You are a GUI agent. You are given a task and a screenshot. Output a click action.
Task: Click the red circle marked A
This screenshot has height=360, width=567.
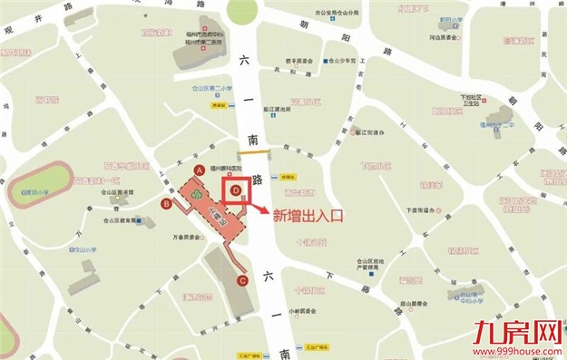199,170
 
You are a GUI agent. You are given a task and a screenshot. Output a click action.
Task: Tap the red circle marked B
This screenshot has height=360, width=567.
166,204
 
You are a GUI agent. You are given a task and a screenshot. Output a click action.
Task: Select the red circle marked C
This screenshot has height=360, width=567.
242,280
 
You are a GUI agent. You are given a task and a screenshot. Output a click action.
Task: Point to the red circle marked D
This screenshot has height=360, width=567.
236,190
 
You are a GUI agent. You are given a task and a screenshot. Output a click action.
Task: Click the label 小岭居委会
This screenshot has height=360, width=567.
302,310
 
